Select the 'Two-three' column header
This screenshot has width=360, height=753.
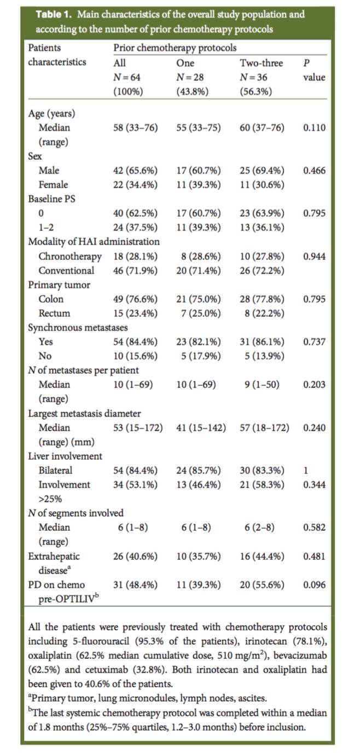pyautogui.click(x=261, y=63)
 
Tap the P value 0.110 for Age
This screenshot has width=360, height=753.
pyautogui.click(x=314, y=128)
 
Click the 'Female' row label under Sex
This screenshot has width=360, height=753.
pyautogui.click(x=53, y=184)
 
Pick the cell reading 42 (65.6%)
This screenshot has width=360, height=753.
pyautogui.click(x=135, y=170)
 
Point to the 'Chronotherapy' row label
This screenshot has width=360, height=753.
pyautogui.click(x=70, y=256)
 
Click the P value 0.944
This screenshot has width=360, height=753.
pyautogui.click(x=314, y=256)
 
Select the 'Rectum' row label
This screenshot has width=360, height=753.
pyautogui.click(x=54, y=313)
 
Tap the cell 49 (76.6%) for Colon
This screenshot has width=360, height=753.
pyautogui.click(x=135, y=299)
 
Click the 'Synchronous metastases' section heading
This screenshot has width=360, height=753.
pyautogui.click(x=78, y=327)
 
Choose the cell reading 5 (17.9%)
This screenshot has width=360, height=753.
pyautogui.click(x=199, y=356)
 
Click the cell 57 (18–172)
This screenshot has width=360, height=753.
pyautogui.click(x=264, y=427)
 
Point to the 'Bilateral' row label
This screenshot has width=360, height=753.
pyautogui.click(x=55, y=470)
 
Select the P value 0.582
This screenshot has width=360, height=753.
pyautogui.click(x=314, y=527)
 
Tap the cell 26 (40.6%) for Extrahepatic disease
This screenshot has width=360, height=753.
pyautogui.click(x=135, y=556)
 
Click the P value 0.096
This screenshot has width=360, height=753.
pyautogui.click(x=314, y=584)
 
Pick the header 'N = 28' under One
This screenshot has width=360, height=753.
pyautogui.click(x=190, y=77)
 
